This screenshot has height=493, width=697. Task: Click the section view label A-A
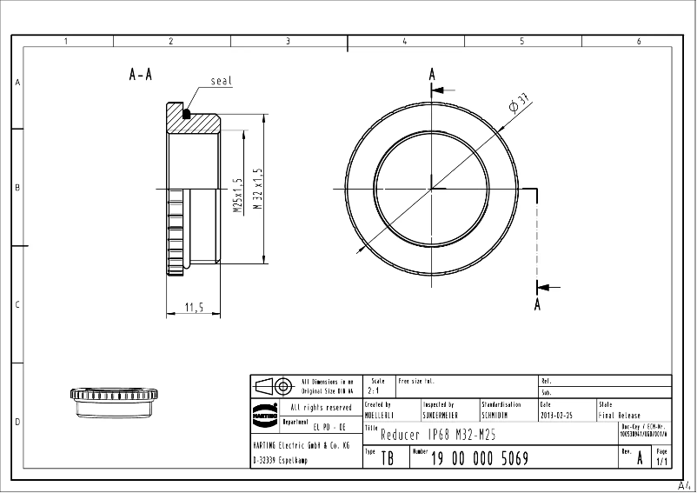[140, 76]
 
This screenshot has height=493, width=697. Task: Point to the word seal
[221, 81]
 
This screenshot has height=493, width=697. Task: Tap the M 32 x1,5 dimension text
[257, 190]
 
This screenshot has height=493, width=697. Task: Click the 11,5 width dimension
[194, 307]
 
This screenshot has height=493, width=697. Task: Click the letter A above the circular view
[432, 75]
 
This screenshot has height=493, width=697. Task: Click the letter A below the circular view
[538, 303]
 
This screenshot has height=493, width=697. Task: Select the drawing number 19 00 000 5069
[479, 458]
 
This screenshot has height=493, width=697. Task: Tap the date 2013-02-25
[556, 416]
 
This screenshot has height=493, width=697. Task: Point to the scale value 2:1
[374, 392]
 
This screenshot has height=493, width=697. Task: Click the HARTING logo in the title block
[264, 415]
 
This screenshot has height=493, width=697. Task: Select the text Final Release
[620, 416]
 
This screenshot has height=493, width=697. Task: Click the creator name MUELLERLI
[380, 416]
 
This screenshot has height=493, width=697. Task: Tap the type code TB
[387, 458]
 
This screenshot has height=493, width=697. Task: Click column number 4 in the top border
[404, 41]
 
